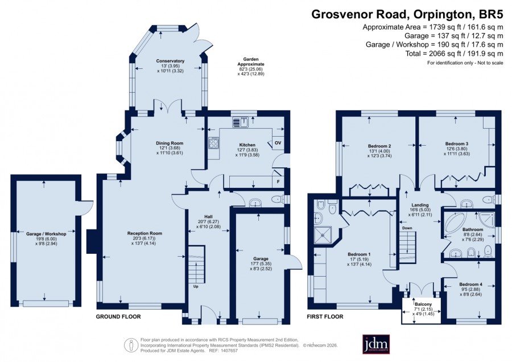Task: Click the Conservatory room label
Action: coord(170,61)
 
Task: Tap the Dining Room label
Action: coord(170,143)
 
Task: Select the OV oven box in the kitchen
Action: coord(278,143)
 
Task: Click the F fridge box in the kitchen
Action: coord(278,182)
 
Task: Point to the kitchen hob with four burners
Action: coord(214,142)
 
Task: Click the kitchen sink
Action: coord(241,122)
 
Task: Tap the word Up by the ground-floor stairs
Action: coord(196,286)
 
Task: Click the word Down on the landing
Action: coord(407,228)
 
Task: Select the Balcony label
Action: coord(423,304)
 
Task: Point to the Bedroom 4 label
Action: coord(470,284)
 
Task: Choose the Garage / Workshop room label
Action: coord(46,234)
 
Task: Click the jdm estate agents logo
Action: coord(376,344)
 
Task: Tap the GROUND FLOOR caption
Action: coord(118,316)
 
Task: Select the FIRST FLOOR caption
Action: coord(325,316)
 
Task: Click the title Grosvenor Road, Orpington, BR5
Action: coord(407,14)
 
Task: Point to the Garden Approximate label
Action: coord(251,61)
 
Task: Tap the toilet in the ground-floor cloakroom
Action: coord(278,199)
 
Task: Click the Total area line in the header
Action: coord(454,54)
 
